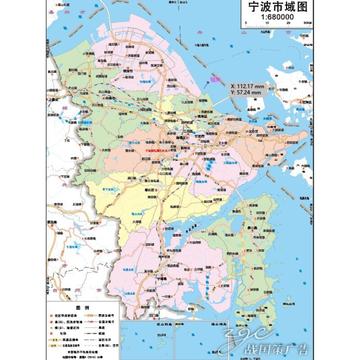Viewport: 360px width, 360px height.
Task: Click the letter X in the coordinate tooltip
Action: click(233, 86)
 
